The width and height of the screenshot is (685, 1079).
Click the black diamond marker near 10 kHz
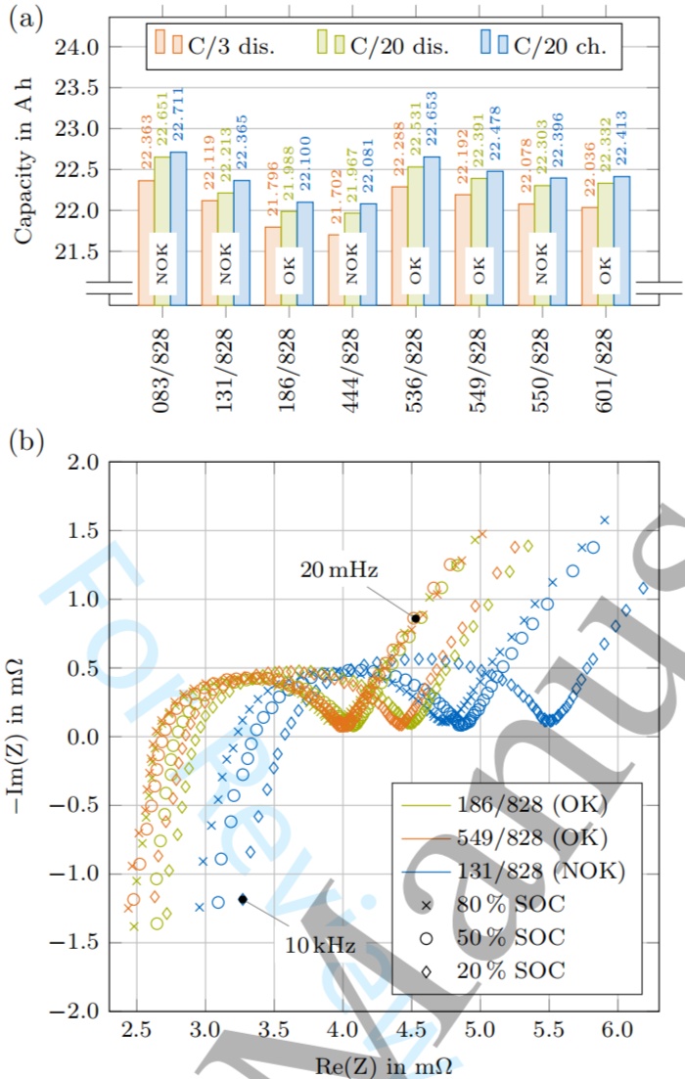tap(243, 898)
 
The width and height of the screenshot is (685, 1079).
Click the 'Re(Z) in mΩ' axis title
tap(375, 1061)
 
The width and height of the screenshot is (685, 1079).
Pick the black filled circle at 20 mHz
tap(416, 618)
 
